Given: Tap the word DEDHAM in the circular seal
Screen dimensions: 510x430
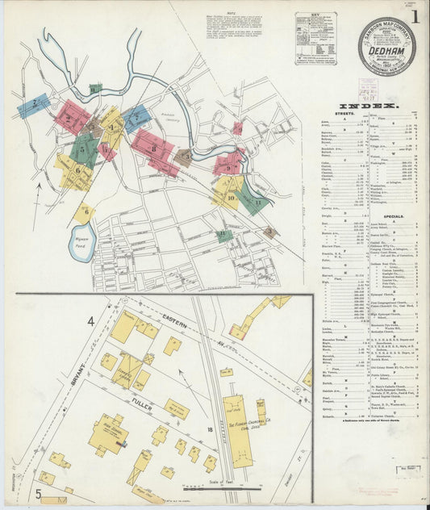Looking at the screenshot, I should [x=386, y=48].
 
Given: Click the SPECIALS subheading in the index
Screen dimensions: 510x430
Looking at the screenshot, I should [x=393, y=217].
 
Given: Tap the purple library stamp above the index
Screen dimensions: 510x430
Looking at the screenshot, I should [x=368, y=90].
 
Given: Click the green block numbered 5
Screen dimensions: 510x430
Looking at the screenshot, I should [x=83, y=148].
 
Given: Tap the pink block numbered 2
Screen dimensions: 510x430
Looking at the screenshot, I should [x=71, y=119].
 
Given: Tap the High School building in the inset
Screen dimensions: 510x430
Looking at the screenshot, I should [x=107, y=434].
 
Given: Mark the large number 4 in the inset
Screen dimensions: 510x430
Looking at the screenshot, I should [x=91, y=322].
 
